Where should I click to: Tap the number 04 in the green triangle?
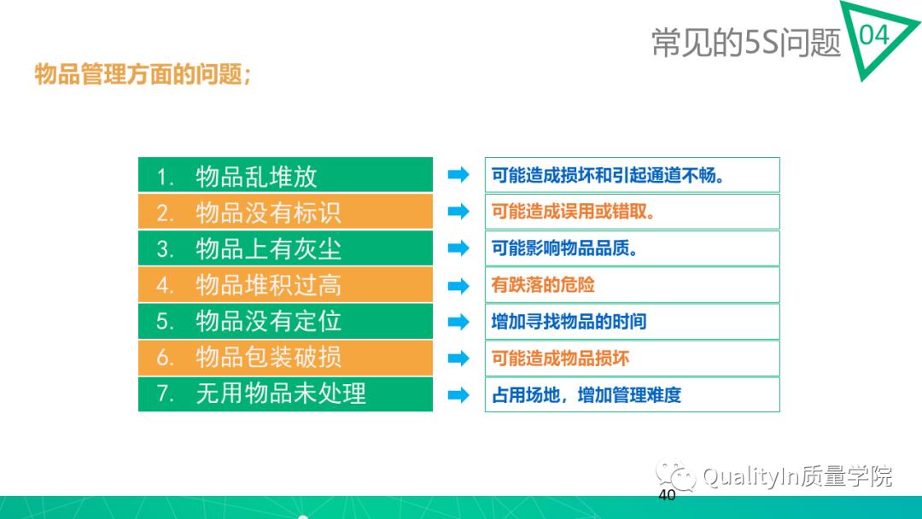click(872, 36)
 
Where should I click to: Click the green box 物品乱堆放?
click(285, 176)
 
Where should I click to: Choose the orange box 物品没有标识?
click(285, 212)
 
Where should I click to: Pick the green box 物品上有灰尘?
click(285, 248)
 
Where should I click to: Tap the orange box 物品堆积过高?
click(285, 284)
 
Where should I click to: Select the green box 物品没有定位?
click(285, 321)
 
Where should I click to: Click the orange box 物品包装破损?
click(285, 357)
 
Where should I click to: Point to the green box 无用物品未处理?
click(285, 394)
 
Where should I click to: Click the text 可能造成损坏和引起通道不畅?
click(608, 176)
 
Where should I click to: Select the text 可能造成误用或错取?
click(573, 212)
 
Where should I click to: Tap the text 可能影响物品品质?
click(564, 248)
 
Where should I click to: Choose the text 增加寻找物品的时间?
click(569, 322)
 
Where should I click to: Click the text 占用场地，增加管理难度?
click(586, 394)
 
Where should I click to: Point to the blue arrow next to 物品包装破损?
click(459, 358)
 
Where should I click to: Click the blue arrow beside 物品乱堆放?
click(459, 175)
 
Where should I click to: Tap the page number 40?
click(667, 496)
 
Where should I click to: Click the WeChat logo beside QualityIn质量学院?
click(675, 475)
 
